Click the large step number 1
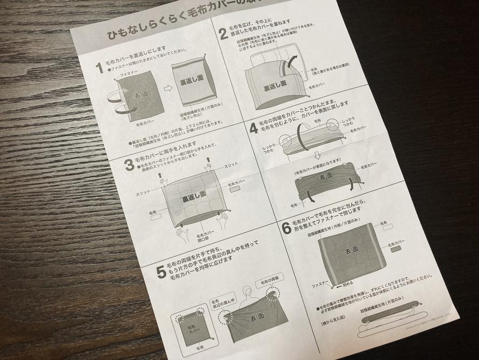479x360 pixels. pos(99,68)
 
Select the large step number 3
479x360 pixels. pos(129,164)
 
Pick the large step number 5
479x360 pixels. pos(161,272)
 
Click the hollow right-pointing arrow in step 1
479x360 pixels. pos(167,88)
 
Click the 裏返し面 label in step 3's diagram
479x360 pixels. pos(194,198)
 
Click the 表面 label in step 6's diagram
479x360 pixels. pos(351,251)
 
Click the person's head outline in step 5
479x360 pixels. pos(247,293)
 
